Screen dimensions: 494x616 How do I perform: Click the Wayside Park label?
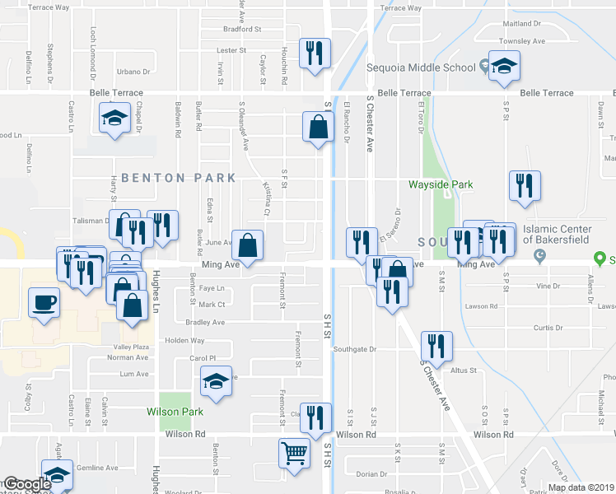point(441,184)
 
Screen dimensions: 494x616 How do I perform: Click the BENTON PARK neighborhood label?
point(179,177)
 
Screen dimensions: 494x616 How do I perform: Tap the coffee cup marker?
point(44,301)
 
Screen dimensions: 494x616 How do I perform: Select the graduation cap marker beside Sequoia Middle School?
point(502,66)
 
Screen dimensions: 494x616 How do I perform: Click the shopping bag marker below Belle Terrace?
point(318,128)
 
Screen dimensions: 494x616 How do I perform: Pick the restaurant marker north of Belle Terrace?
point(315,54)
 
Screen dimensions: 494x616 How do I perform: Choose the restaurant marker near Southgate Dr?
point(436,346)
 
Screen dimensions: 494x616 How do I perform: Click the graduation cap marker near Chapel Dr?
point(114,118)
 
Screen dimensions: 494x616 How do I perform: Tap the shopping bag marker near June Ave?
point(248,245)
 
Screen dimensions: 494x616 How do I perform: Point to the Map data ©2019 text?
point(581,487)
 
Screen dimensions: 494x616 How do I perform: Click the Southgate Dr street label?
point(354,349)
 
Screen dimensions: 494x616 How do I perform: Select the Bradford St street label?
point(242,29)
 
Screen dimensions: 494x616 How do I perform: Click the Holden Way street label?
point(184,340)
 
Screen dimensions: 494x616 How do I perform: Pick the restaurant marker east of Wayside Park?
point(524,186)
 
